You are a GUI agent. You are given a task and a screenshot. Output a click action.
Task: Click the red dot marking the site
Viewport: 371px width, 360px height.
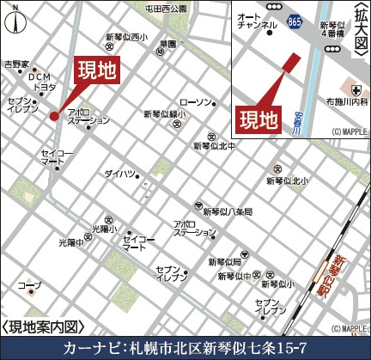coord(53,115)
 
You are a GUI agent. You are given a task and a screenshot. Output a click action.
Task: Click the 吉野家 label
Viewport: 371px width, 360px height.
coord(16,64)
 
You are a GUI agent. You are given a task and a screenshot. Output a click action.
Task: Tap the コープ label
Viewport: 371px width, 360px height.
coord(29,284)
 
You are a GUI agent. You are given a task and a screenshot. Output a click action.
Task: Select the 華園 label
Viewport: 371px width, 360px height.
coord(167,44)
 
